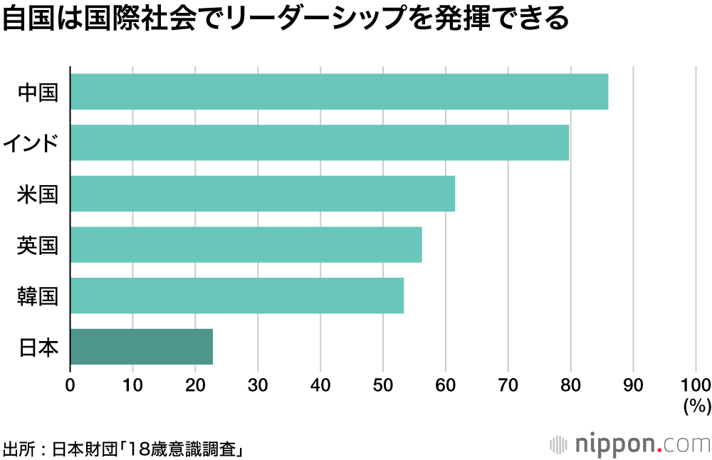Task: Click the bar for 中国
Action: [x=339, y=92]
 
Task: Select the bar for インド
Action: [x=319, y=142]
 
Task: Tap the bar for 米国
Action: [x=262, y=194]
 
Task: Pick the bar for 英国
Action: [x=246, y=245]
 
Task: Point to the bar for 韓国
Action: [x=236, y=296]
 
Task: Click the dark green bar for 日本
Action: [x=141, y=347]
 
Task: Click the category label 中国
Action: [x=38, y=93]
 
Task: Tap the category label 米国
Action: [x=38, y=194]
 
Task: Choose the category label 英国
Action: [x=38, y=246]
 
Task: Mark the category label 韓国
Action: [x=38, y=296]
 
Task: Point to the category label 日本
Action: [x=38, y=347]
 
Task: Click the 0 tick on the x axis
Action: [x=70, y=385]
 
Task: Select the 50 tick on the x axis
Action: [x=383, y=385]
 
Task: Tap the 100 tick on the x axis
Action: [x=696, y=385]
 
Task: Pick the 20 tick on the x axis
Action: [x=195, y=385]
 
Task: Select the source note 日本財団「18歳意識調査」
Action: [x=125, y=449]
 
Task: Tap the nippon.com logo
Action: [x=629, y=444]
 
